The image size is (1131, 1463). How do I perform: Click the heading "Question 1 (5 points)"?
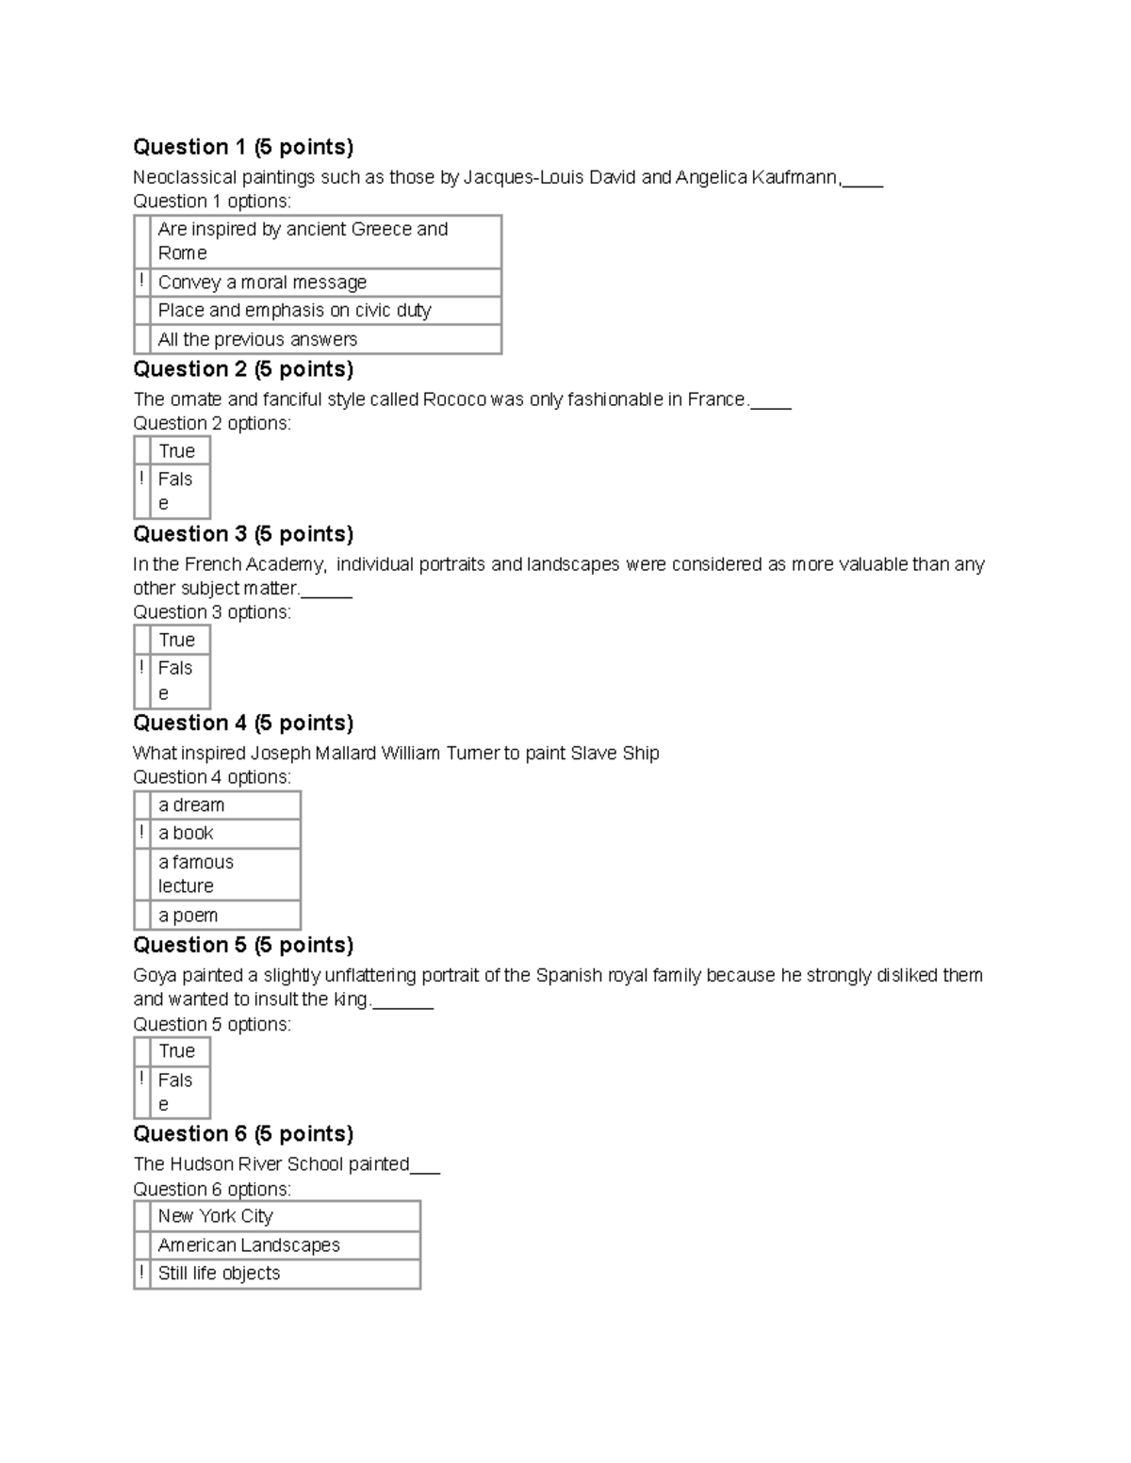pyautogui.click(x=243, y=147)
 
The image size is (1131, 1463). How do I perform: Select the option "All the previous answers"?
pyautogui.click(x=257, y=339)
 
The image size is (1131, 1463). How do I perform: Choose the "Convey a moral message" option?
pyautogui.click(x=262, y=283)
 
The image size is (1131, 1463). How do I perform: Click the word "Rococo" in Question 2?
pyautogui.click(x=454, y=399)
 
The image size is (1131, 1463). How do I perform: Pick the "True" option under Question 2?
pyautogui.click(x=176, y=451)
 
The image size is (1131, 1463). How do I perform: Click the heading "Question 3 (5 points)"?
pyautogui.click(x=243, y=534)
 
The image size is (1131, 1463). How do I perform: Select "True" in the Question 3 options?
pyautogui.click(x=176, y=641)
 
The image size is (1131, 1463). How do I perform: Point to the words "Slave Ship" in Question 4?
pyautogui.click(x=615, y=753)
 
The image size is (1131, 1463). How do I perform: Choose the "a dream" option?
pyautogui.click(x=191, y=805)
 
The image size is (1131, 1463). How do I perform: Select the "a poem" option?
pyautogui.click(x=188, y=916)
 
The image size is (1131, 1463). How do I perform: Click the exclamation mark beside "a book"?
pyautogui.click(x=142, y=833)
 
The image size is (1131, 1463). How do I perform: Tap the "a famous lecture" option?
pyautogui.click(x=195, y=874)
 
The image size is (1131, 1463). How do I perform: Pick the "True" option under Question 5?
pyautogui.click(x=176, y=1051)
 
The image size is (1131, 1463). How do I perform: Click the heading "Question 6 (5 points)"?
pyautogui.click(x=243, y=1133)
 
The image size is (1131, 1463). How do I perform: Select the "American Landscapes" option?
pyautogui.click(x=249, y=1245)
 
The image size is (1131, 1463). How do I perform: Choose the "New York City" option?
pyautogui.click(x=215, y=1216)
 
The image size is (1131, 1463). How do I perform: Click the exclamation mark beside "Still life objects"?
pyautogui.click(x=142, y=1273)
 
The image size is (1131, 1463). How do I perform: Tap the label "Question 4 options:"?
pyautogui.click(x=212, y=777)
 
